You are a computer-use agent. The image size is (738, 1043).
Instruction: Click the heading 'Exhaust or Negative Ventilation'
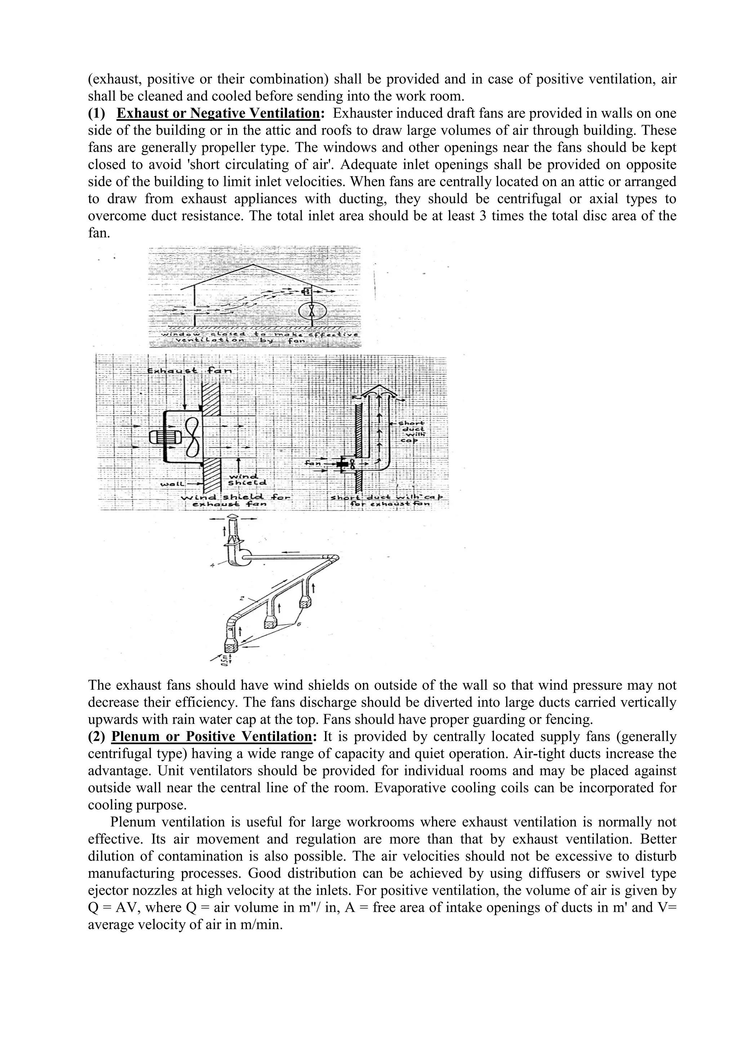pos(218,113)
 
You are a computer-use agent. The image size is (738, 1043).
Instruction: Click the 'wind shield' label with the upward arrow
pos(247,479)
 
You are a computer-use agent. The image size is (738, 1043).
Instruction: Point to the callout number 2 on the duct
pos(243,598)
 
